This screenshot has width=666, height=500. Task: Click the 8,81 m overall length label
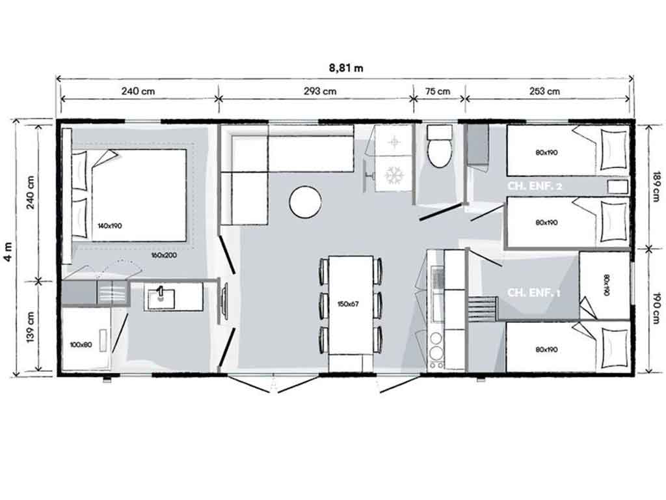346,68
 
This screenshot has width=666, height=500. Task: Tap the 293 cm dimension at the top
320,91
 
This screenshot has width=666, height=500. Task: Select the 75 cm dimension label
438,91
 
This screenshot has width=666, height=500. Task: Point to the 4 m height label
8,252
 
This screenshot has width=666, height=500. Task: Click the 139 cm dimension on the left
30,327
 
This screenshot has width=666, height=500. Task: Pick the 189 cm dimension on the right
657,184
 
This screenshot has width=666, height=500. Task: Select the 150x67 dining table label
349,304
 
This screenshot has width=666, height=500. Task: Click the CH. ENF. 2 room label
535,186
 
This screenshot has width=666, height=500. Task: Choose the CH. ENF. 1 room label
534,292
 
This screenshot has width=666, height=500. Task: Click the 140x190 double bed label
109,226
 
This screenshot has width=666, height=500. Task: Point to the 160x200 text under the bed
164,255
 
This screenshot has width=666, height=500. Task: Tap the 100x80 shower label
81,344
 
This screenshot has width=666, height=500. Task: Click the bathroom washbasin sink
161,296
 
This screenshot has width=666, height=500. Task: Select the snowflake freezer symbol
393,175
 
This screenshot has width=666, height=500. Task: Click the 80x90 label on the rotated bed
606,285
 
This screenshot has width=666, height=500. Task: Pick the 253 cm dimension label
544,91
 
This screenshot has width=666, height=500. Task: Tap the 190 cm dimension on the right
657,308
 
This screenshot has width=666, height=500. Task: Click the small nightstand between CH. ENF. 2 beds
618,187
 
